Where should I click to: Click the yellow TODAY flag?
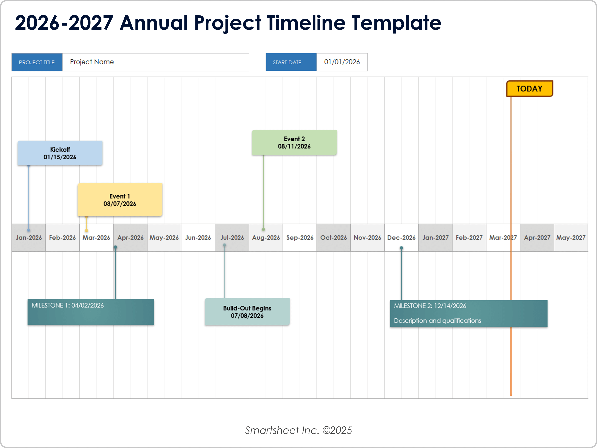click(529, 89)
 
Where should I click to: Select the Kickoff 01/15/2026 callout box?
click(60, 153)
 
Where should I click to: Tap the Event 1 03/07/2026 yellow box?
click(120, 200)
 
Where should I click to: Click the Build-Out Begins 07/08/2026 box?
click(247, 312)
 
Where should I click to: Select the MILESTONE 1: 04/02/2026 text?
click(67, 305)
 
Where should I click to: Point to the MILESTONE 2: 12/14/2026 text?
click(430, 306)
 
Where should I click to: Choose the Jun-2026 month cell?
click(198, 238)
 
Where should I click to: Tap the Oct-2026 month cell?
click(333, 238)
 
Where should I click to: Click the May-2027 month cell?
click(571, 238)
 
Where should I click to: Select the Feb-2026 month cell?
click(62, 238)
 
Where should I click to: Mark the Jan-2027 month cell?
click(435, 238)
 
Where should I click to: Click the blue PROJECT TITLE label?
click(37, 62)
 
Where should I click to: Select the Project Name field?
click(156, 62)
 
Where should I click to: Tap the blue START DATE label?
click(287, 62)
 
